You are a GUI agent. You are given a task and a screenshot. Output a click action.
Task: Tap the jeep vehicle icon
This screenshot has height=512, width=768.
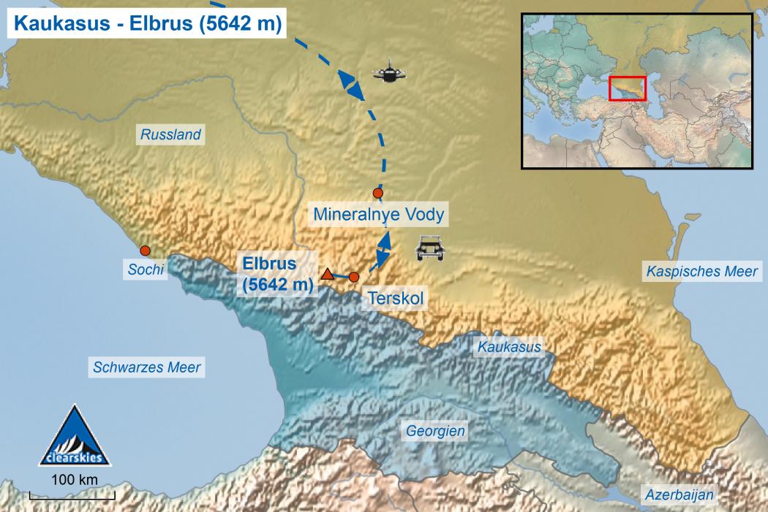(429, 248)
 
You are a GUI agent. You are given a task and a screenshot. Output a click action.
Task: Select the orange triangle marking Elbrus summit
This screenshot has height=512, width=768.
(328, 275)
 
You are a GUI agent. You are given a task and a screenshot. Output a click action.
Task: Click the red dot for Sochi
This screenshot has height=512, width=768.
(146, 250)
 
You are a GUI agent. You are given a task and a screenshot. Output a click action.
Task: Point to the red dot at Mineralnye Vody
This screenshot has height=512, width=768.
(377, 193)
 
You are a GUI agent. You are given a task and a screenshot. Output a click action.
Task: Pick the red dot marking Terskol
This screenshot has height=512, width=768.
(354, 277)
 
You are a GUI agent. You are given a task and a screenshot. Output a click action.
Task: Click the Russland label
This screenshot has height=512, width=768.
(170, 134)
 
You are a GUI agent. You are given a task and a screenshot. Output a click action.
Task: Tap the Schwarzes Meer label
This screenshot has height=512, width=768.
(147, 367)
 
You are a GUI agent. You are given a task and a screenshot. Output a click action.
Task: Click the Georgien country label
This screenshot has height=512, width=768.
(436, 431)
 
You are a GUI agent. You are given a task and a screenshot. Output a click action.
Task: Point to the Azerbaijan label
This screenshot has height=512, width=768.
(679, 495)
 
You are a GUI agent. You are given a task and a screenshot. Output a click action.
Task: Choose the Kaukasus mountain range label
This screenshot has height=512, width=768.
(509, 347)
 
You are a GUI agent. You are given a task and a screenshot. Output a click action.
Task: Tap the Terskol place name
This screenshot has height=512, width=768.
(394, 298)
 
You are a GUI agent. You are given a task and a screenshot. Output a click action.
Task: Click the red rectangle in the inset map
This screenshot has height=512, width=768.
(628, 88)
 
